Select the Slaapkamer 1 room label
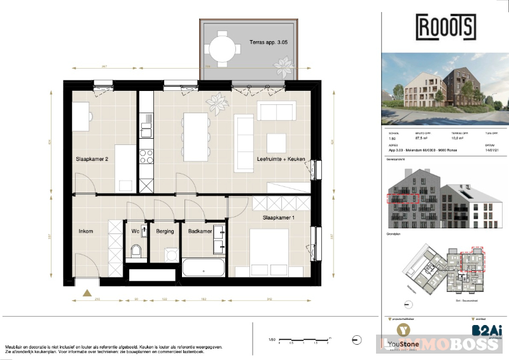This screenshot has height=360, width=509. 281,218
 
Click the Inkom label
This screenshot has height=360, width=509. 86,232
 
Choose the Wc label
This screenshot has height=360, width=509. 135,232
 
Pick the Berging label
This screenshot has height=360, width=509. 165,232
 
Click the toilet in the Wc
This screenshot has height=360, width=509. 135,253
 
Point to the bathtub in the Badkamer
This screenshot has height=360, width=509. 204,267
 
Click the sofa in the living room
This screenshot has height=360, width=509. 275,111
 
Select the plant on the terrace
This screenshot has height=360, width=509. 282,66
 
